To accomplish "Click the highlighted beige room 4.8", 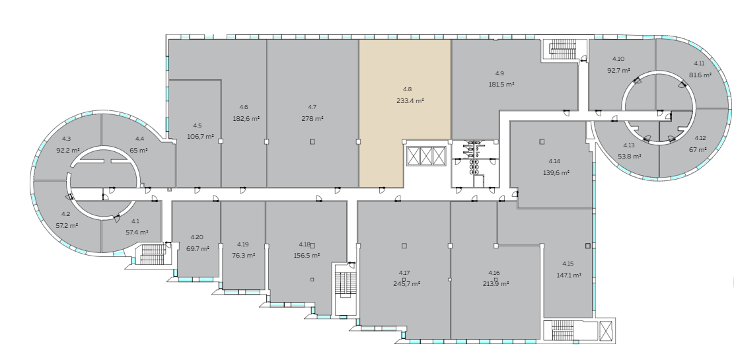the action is (x=388, y=112).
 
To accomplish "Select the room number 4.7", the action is (x=312, y=107).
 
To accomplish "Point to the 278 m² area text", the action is (x=312, y=119).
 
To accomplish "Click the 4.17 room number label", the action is (x=404, y=272).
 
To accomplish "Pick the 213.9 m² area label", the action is (x=495, y=283).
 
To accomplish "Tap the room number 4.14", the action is (x=554, y=161).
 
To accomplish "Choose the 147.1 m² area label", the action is (x=568, y=275).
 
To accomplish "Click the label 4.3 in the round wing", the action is (x=66, y=139).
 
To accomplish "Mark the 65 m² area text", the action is (x=139, y=150).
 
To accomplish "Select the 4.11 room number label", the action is (x=700, y=63).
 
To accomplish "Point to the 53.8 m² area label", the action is (x=629, y=157).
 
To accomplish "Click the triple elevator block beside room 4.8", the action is (x=425, y=156).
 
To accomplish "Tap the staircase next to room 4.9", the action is (x=564, y=50).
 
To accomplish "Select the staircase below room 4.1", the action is (x=151, y=254).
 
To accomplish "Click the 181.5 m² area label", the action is (x=501, y=85).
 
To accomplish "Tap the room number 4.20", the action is (x=197, y=237).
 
